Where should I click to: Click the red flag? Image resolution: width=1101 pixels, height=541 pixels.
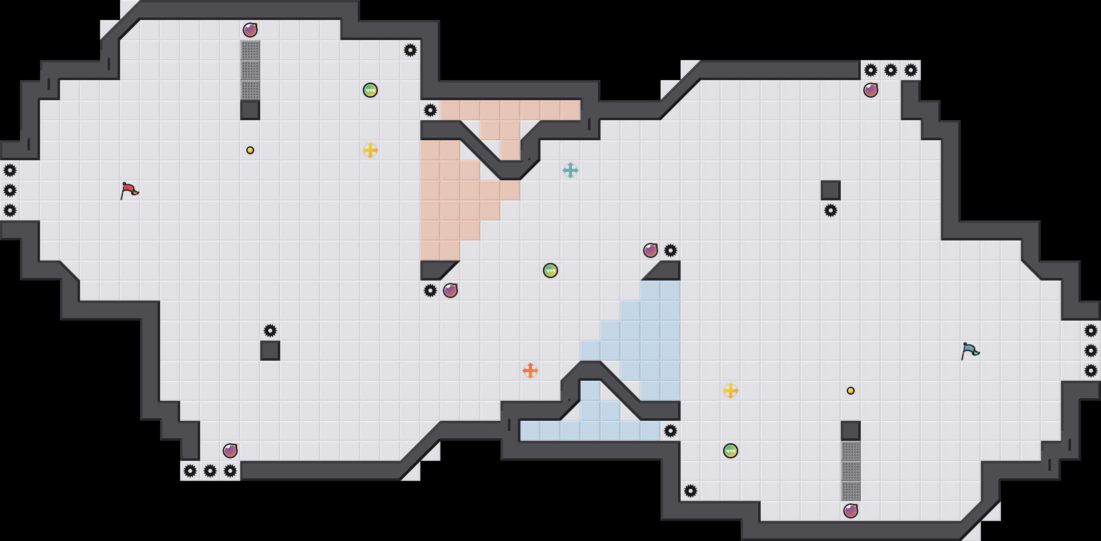[x=129, y=190]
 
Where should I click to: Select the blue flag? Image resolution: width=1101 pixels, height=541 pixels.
[x=970, y=351]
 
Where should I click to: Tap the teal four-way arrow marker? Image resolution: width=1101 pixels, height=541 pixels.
[x=571, y=170]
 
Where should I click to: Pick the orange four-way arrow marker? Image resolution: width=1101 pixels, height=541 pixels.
[x=530, y=371]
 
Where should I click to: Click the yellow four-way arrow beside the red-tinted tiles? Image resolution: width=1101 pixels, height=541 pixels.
[x=370, y=150]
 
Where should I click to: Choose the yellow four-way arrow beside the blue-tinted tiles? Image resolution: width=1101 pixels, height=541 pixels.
[x=731, y=391]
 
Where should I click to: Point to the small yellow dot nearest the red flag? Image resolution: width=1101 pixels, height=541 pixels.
[x=250, y=150]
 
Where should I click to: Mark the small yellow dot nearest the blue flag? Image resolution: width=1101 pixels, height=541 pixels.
[x=851, y=391]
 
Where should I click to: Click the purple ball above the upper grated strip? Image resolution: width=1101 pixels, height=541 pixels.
[x=250, y=30]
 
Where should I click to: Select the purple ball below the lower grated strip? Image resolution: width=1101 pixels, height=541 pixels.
[x=851, y=511]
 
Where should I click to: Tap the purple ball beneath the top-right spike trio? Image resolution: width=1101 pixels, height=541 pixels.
[x=871, y=90]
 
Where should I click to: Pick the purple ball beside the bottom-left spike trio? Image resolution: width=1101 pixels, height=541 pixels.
[x=230, y=451]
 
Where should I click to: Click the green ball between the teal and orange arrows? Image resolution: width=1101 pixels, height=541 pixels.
[x=550, y=270]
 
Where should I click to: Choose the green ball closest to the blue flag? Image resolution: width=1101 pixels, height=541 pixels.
[x=731, y=451]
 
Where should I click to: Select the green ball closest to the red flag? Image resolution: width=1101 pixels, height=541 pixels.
[x=370, y=90]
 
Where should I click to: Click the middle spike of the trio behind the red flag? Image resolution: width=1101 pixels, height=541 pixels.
[x=10, y=190]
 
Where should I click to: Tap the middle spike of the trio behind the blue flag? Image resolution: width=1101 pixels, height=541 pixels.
[x=1091, y=351]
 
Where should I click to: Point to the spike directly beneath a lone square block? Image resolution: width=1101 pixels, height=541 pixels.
[x=831, y=210]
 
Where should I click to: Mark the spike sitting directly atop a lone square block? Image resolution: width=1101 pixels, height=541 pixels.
[x=270, y=331]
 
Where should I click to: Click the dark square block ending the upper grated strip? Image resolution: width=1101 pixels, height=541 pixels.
[x=250, y=110]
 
